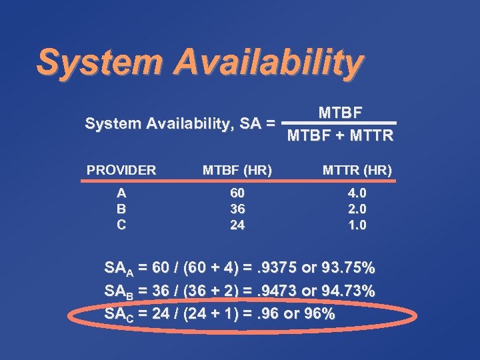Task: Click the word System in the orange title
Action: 97,61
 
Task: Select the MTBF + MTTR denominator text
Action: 340,137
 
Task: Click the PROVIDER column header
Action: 121,170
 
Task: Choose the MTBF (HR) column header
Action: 237,170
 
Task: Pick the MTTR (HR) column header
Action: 357,170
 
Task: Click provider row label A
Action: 121,193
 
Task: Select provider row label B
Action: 121,209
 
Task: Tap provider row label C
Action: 121,225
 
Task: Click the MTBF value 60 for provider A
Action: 237,193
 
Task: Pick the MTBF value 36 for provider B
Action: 237,209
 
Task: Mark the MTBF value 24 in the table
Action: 237,225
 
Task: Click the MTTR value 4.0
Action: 357,193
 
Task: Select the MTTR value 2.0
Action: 357,209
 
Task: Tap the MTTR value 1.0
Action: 357,225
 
